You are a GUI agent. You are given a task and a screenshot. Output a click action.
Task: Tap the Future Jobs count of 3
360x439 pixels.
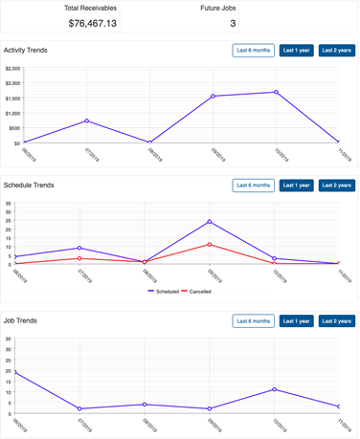click(x=233, y=23)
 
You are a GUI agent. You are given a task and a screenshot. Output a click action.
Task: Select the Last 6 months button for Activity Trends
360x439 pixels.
click(x=253, y=50)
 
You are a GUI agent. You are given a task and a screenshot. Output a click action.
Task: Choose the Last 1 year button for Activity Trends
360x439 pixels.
click(x=296, y=50)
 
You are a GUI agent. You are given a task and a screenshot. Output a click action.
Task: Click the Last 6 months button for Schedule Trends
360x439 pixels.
click(x=253, y=185)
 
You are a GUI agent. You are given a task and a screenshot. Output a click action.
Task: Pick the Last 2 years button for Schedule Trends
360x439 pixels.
click(x=336, y=185)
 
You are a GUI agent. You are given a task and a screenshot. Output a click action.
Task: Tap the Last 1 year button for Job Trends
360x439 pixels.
click(x=296, y=320)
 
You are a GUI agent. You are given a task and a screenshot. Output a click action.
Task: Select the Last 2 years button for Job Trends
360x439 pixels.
click(x=336, y=320)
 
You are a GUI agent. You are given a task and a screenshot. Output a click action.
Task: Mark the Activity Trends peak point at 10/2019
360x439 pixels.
click(x=275, y=92)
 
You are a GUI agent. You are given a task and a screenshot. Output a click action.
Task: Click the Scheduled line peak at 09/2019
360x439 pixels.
click(x=210, y=222)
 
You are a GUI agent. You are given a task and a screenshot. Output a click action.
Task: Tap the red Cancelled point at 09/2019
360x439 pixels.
click(x=210, y=244)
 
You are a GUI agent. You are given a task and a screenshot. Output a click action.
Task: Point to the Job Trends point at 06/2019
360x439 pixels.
click(x=15, y=372)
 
